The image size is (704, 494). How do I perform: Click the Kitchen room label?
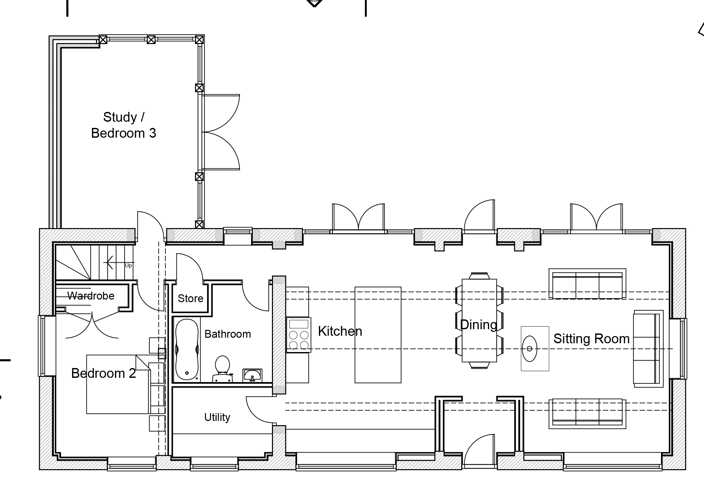tap(340, 331)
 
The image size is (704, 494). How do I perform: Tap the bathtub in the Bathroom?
tap(187, 349)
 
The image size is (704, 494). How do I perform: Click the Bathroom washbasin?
tap(252, 375)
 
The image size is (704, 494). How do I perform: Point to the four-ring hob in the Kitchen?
tap(299, 335)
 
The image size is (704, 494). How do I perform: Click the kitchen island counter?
tap(378, 335)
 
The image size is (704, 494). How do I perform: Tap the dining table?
tap(479, 320)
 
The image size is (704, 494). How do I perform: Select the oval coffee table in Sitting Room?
tap(530, 348)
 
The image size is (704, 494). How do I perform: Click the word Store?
tap(190, 298)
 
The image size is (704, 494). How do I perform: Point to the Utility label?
tap(217, 417)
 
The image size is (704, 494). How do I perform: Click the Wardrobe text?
tap(91, 296)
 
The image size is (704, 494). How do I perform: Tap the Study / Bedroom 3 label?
tap(124, 125)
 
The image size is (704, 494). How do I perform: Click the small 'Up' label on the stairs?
tap(128, 266)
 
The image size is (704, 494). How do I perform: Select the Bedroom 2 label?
tap(103, 373)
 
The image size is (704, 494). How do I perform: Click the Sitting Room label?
tap(592, 339)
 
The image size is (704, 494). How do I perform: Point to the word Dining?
tap(479, 325)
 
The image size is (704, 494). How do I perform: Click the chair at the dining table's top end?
tap(479, 276)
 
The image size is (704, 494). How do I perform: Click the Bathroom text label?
tap(228, 334)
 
